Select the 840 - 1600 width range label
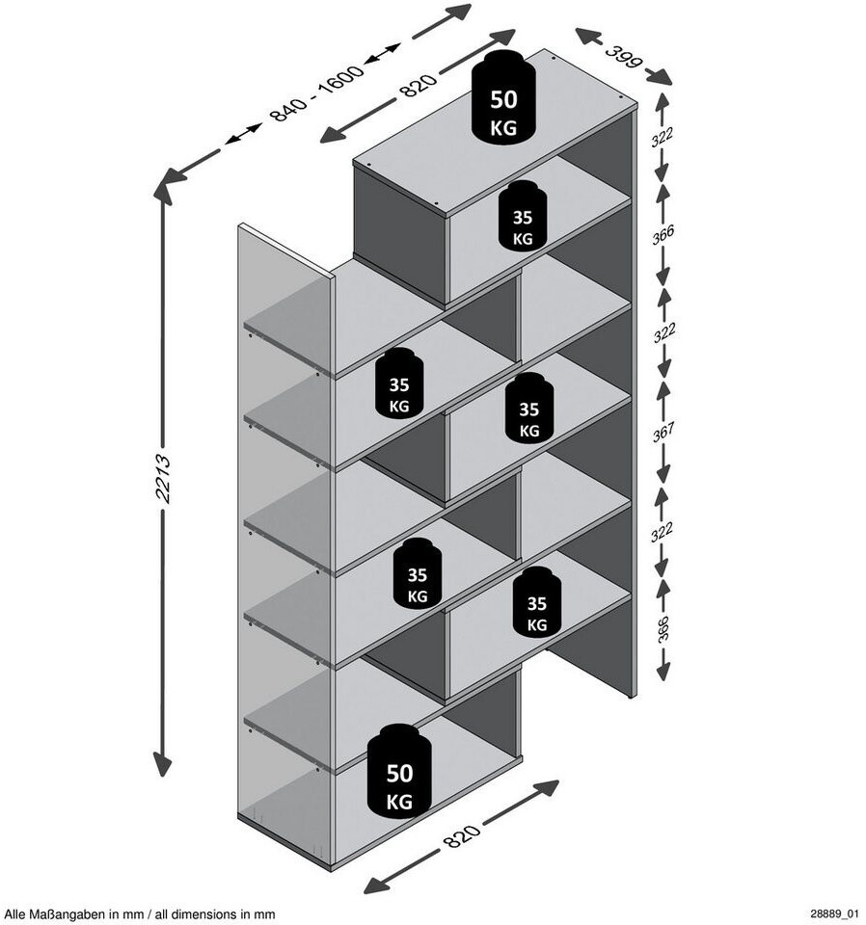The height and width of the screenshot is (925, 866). coord(316,93)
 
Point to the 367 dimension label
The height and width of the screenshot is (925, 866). coord(663,433)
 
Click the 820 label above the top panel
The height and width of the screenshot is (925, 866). coord(418,85)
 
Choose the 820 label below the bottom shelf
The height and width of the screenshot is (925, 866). coord(462,835)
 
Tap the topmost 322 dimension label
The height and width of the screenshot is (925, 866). coord(663,138)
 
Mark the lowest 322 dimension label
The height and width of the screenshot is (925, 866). coord(662,532)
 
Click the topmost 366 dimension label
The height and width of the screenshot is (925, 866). coord(663,235)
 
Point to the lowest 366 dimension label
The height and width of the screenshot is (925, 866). coord(663,628)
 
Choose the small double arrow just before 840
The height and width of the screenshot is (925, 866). coord(243,135)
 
